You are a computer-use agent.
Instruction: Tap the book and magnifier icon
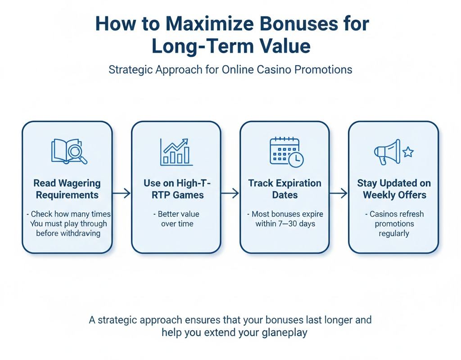click(69, 151)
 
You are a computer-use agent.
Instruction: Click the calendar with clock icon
click(286, 151)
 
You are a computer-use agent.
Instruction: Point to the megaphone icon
click(388, 151)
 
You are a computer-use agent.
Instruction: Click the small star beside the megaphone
click(408, 152)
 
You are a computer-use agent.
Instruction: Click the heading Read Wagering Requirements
click(67, 189)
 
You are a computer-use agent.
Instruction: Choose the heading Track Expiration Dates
click(285, 189)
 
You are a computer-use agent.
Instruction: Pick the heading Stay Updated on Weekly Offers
click(394, 189)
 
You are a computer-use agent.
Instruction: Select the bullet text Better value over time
click(176, 219)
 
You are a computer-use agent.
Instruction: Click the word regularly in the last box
click(394, 233)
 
